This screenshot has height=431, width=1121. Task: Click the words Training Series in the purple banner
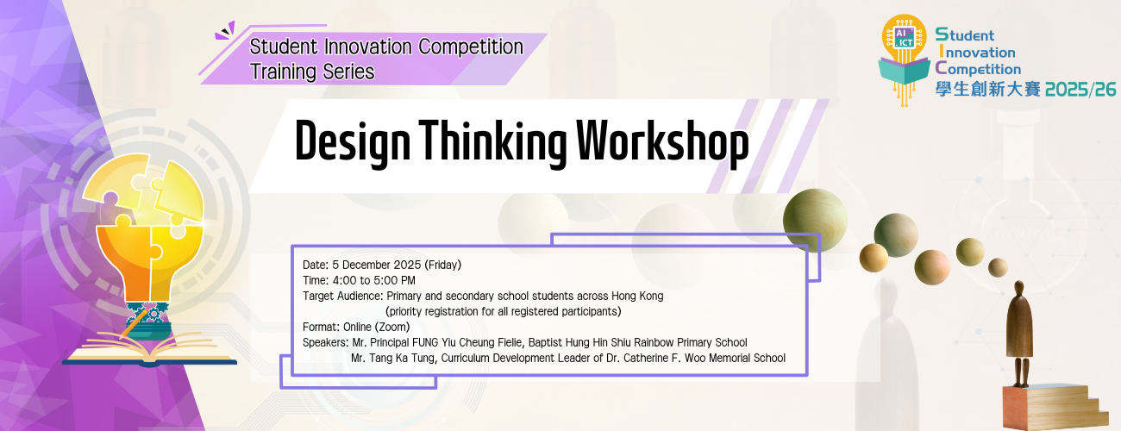pyautogui.click(x=312, y=72)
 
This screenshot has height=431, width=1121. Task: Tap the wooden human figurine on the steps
pyautogui.click(x=1020, y=332)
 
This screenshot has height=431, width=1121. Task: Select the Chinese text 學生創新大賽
pyautogui.click(x=988, y=90)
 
